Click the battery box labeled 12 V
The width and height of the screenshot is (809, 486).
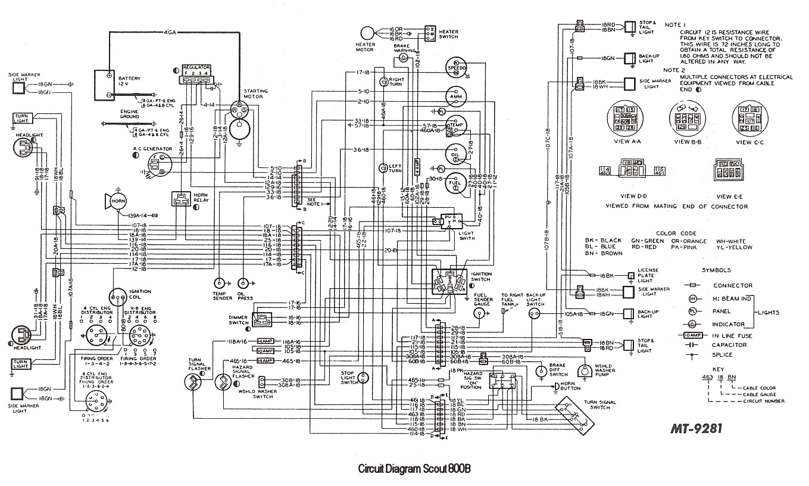pos(108,85)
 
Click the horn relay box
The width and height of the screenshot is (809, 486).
pos(181,200)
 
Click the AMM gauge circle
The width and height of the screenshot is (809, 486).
pos(457,96)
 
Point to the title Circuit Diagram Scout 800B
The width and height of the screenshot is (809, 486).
pos(414,468)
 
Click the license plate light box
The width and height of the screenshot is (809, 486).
pos(630,275)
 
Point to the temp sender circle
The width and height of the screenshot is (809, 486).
pos(220,282)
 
